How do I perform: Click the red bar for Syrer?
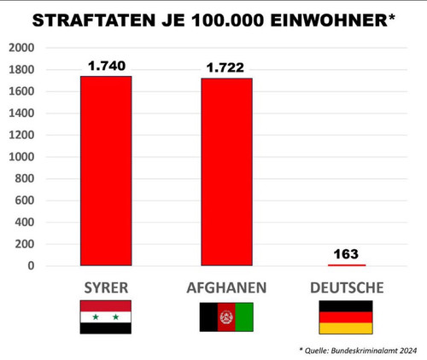click(x=106, y=171)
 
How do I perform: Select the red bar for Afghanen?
click(x=226, y=172)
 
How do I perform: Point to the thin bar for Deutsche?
click(x=347, y=265)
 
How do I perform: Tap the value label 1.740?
click(x=107, y=66)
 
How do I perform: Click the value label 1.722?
click(x=225, y=67)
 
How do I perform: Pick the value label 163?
click(x=346, y=254)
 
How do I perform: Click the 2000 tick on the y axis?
click(x=21, y=48)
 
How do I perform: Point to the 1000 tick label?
click(x=21, y=157)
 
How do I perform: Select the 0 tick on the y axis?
click(x=31, y=266)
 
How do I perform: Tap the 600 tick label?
click(x=25, y=200)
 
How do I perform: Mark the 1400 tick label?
click(x=21, y=113)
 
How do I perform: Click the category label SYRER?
click(x=106, y=287)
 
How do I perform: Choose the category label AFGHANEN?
click(x=226, y=287)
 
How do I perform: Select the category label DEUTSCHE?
click(x=347, y=287)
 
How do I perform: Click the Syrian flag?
click(x=106, y=316)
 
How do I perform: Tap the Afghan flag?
click(x=226, y=316)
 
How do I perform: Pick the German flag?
click(x=346, y=317)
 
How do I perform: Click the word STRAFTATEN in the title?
click(x=94, y=20)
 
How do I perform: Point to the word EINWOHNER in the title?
click(x=329, y=20)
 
